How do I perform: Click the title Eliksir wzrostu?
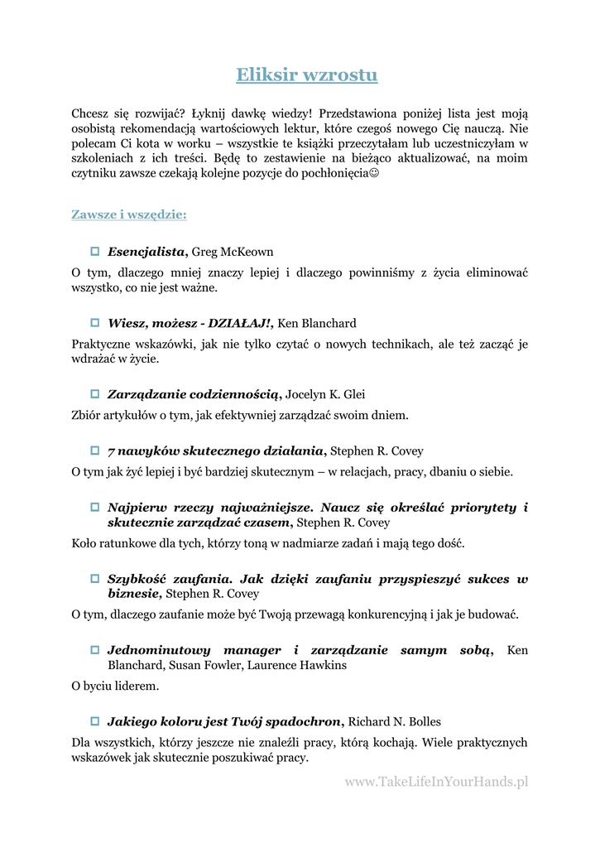[x=306, y=75]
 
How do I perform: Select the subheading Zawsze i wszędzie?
[x=128, y=215]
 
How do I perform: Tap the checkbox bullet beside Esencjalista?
[x=95, y=251]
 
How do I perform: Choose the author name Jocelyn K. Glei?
[x=325, y=395]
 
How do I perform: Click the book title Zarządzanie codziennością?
[x=194, y=395]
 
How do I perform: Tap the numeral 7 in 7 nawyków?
[x=111, y=451]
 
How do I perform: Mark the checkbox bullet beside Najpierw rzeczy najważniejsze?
[x=95, y=507]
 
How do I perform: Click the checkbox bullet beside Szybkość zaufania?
[x=95, y=579]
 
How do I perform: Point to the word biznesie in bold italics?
[x=134, y=594]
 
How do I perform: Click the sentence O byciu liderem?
[x=115, y=687]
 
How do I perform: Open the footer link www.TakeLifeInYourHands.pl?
[x=436, y=781]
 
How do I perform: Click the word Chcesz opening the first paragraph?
[x=91, y=113]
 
